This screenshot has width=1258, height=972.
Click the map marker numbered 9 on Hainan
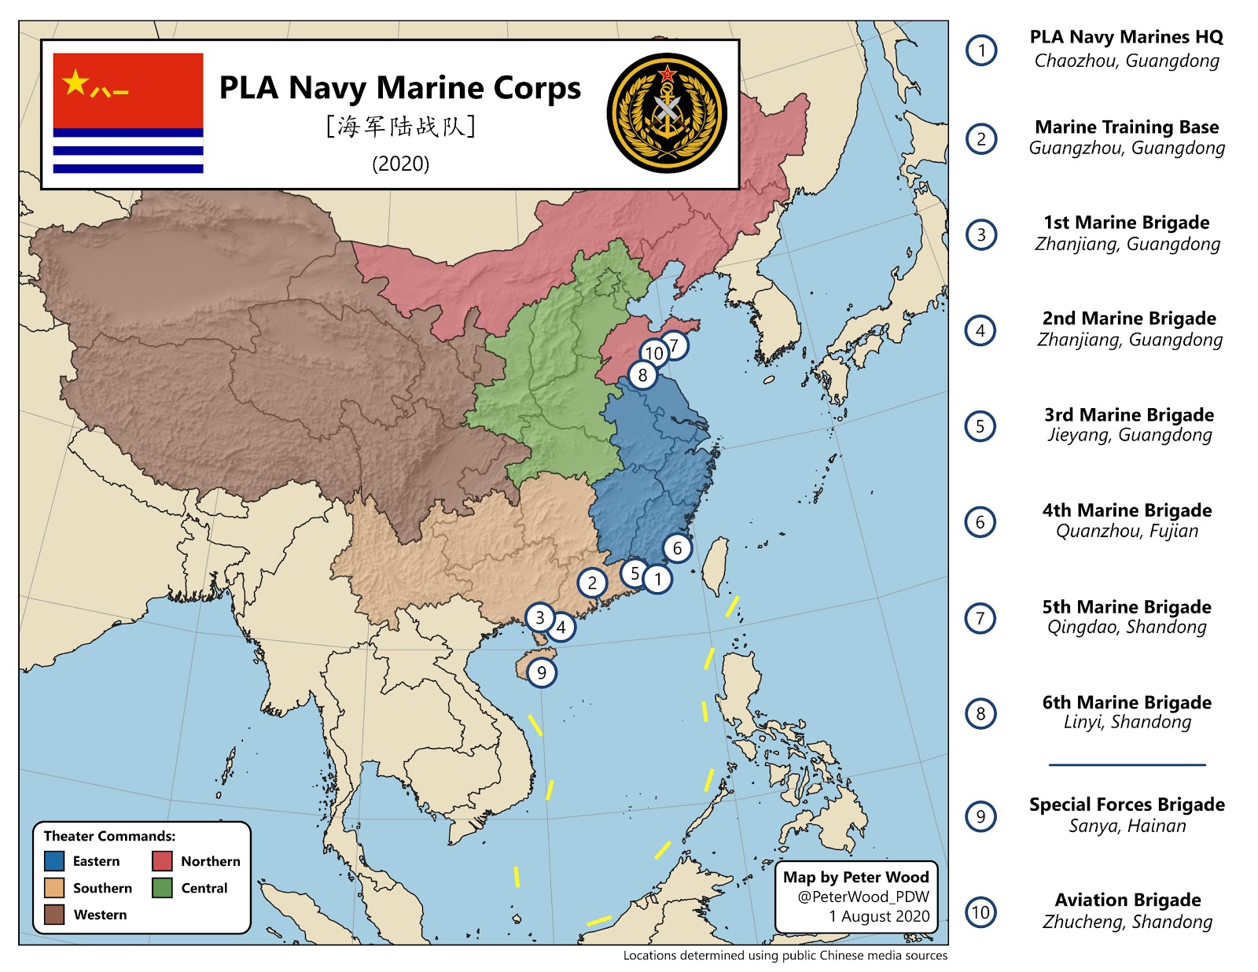tap(541, 672)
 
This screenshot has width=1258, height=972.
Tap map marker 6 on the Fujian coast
tap(677, 548)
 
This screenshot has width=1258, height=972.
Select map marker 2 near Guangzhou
tap(592, 583)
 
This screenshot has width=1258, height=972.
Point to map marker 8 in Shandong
tap(642, 375)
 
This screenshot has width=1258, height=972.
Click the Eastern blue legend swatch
tap(54, 861)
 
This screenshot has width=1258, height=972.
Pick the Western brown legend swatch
tap(54, 915)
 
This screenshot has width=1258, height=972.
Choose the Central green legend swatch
tap(162, 888)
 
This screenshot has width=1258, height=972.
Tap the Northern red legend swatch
tap(162, 861)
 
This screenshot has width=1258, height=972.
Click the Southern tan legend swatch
tap(54, 888)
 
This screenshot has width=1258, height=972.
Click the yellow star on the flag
tap(75, 82)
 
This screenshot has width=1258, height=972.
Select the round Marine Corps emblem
tap(667, 113)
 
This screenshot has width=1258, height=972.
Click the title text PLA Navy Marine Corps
tap(399, 87)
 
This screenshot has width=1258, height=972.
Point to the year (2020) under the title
tap(400, 164)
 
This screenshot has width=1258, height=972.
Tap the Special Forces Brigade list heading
tap(1127, 804)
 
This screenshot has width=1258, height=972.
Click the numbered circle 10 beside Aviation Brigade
tap(980, 912)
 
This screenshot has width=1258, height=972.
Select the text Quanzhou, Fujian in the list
tap(1127, 531)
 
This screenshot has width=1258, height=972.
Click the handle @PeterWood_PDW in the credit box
tap(863, 897)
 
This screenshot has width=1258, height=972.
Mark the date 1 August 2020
tap(879, 916)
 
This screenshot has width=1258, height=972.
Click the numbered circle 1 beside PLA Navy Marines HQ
tap(981, 50)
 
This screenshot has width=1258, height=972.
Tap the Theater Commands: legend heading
tap(109, 836)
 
